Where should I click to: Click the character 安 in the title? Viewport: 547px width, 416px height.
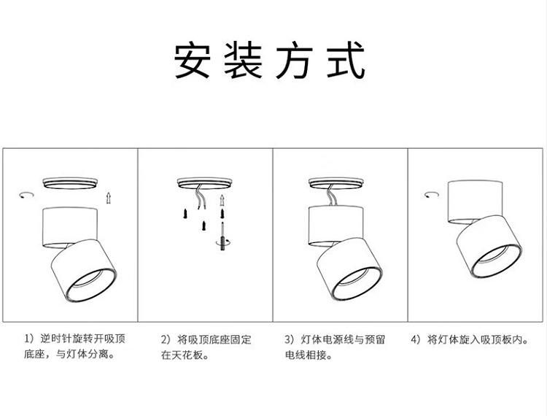(x=193, y=60)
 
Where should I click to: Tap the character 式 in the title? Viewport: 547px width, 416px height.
(x=346, y=60)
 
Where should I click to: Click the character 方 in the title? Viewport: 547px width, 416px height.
(x=294, y=60)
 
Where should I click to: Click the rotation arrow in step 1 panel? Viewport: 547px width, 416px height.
(x=26, y=194)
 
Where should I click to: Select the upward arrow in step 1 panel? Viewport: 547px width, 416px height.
(x=109, y=198)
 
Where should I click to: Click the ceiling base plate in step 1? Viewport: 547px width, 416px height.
(x=70, y=183)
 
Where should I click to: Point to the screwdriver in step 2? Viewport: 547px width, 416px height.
(x=222, y=236)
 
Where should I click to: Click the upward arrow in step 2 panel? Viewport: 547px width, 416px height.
(x=222, y=201)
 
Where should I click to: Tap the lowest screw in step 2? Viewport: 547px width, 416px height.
(x=203, y=226)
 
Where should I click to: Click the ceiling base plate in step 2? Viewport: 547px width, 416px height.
(x=204, y=183)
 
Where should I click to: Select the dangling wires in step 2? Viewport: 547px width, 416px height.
(x=201, y=198)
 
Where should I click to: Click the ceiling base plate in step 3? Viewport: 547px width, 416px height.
(x=336, y=183)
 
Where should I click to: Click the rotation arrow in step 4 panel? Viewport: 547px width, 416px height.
(x=432, y=194)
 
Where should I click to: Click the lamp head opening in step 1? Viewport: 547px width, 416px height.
(x=91, y=285)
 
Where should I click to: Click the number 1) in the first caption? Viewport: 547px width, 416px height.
(x=30, y=339)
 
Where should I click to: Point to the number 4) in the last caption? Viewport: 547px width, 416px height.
(x=416, y=339)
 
